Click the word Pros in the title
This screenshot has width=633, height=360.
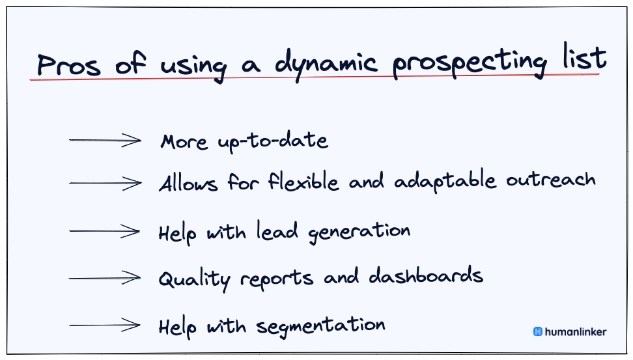69,64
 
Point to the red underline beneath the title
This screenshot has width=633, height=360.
313,78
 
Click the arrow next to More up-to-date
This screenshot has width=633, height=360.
105,140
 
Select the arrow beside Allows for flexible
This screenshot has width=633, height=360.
105,184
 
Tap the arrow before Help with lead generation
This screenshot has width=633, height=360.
105,231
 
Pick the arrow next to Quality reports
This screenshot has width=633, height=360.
105,278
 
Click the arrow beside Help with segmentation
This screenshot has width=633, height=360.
105,325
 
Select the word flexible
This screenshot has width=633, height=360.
303,182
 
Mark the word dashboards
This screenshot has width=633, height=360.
426,276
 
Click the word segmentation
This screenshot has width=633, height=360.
320,325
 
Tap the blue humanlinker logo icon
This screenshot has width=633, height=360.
538,331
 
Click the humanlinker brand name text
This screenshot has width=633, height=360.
576,331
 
